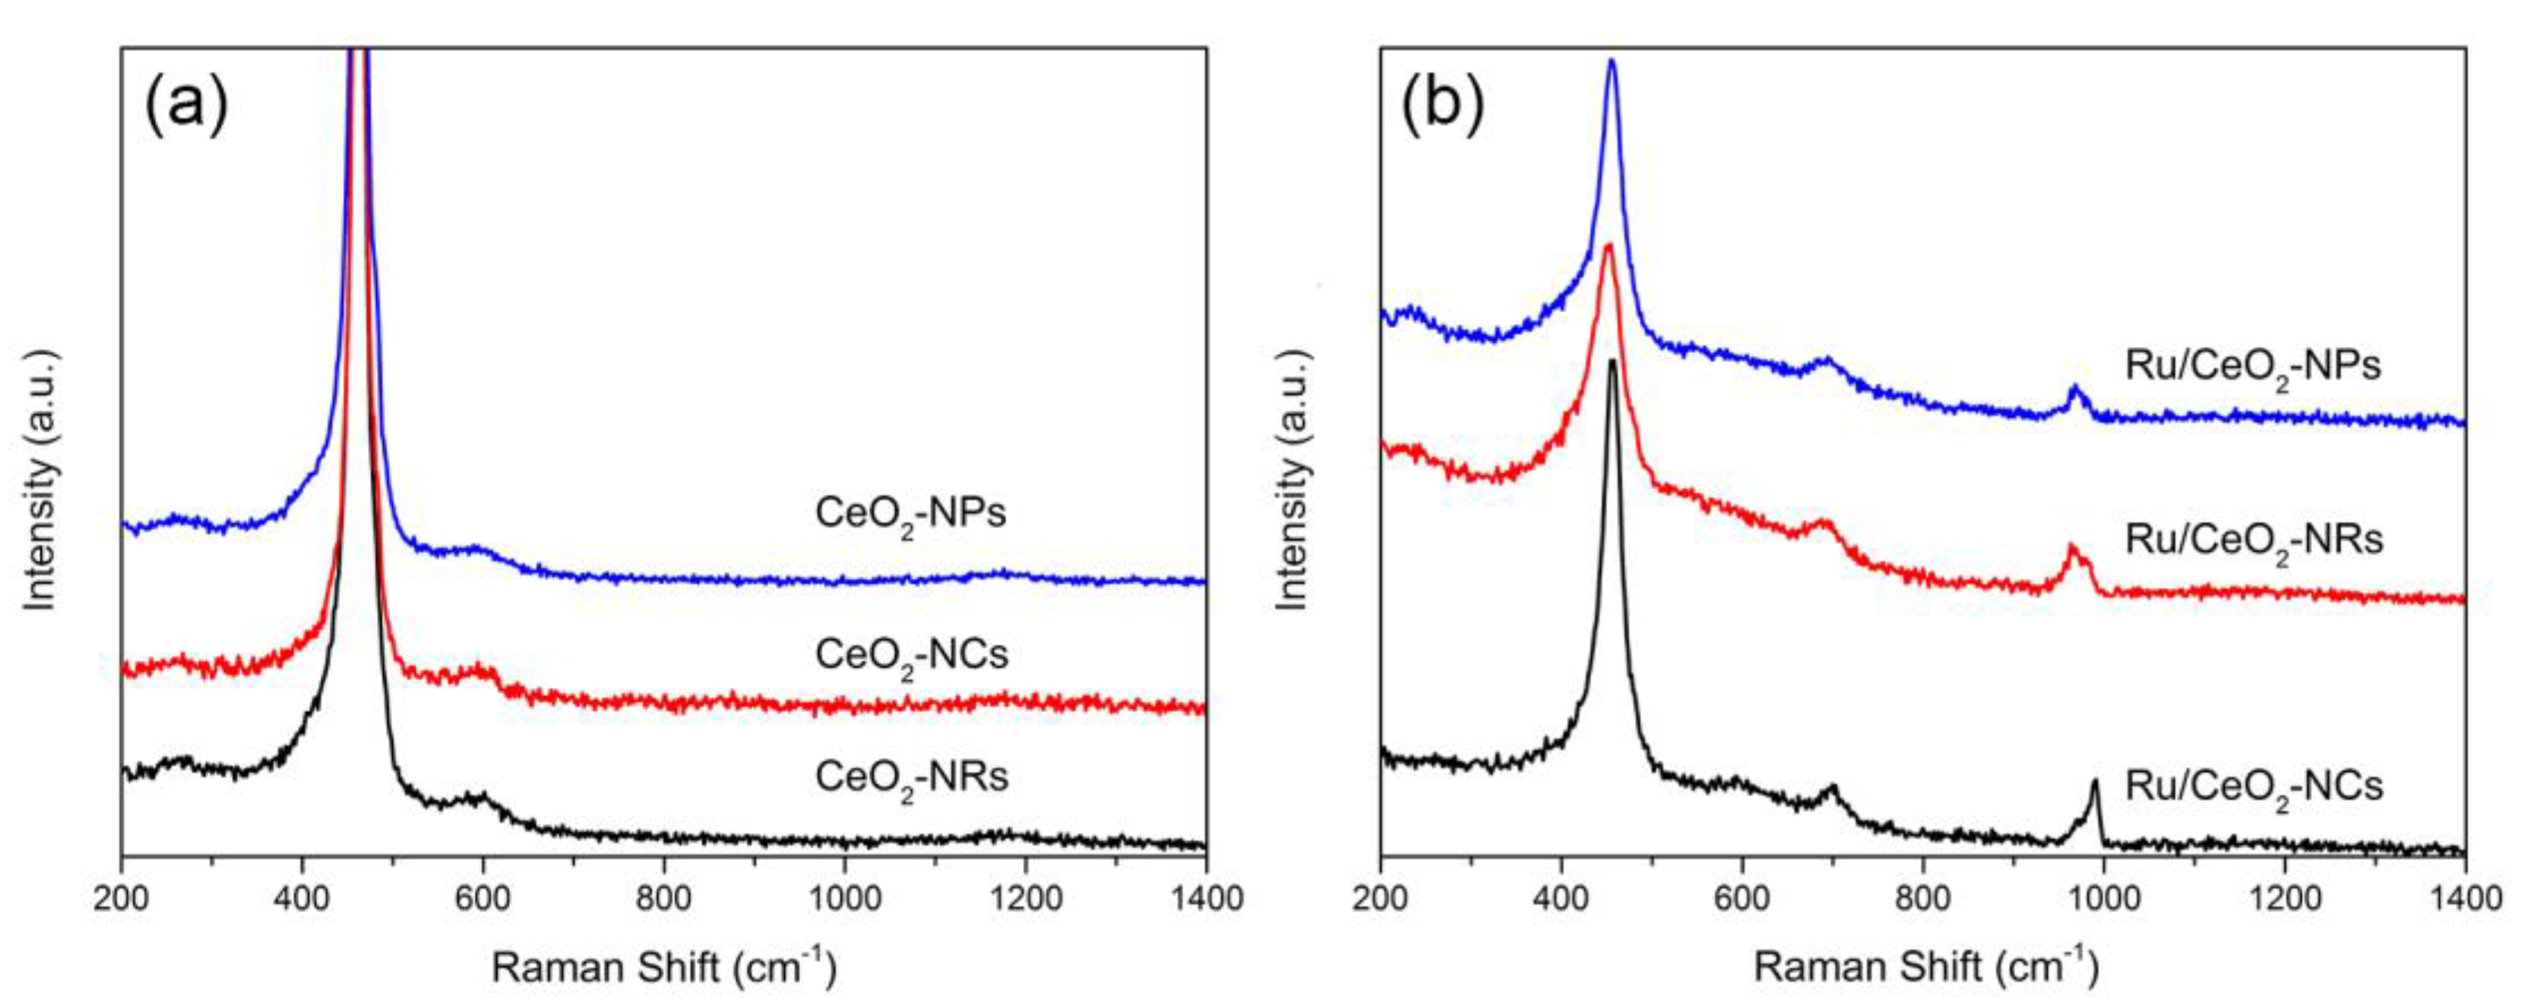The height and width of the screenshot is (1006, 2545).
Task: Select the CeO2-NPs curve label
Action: point(910,515)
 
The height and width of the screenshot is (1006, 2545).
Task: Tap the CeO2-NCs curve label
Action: point(911,656)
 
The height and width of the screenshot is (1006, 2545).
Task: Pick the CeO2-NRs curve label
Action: point(911,778)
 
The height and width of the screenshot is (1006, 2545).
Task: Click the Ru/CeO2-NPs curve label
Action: point(2253,367)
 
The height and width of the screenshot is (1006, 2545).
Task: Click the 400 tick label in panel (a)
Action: point(301,900)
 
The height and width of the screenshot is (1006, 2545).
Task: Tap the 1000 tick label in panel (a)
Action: point(844,900)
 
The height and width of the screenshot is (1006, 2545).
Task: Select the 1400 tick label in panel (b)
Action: point(2464,900)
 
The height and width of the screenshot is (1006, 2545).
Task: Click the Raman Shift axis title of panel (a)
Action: point(664,965)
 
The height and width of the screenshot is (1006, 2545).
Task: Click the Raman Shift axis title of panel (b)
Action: point(1925,965)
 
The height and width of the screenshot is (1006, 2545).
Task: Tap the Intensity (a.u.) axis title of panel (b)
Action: point(1293,478)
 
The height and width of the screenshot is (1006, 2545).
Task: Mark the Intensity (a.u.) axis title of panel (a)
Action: point(39,478)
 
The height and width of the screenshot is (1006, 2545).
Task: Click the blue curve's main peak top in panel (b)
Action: point(1611,62)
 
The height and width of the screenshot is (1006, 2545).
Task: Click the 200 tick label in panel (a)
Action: point(122,900)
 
